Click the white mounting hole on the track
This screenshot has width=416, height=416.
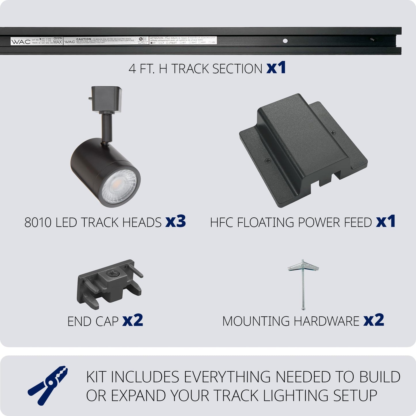(285, 41)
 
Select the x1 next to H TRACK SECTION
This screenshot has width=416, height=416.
(276, 68)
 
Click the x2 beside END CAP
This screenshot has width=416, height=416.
(132, 320)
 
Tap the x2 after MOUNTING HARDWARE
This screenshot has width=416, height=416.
(373, 320)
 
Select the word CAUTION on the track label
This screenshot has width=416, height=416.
(83, 39)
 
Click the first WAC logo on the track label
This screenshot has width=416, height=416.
(21, 42)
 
